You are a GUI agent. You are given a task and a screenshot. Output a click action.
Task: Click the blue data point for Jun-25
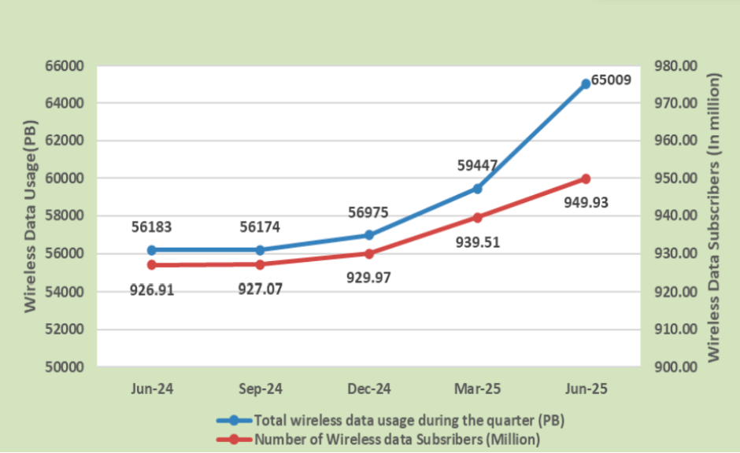[x=586, y=83]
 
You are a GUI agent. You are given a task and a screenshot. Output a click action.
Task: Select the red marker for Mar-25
[x=478, y=217]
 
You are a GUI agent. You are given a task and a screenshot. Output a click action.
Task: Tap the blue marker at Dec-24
[x=369, y=234]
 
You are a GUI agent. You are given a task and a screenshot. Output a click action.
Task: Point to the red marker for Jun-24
[x=152, y=264]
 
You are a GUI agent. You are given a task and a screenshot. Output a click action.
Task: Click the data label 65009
[x=612, y=79]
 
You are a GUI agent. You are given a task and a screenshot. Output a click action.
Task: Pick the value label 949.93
[x=586, y=202]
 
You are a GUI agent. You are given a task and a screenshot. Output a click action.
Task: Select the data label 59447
[x=478, y=166]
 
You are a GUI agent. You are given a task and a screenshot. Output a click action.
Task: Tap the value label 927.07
[x=260, y=289]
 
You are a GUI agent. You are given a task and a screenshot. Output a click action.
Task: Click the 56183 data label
[x=152, y=227]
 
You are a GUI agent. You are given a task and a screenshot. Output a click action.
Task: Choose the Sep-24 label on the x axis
[x=260, y=389]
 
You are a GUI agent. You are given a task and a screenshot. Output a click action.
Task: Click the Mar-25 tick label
[x=478, y=389]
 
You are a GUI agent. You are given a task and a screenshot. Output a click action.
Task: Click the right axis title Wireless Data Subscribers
[x=714, y=216]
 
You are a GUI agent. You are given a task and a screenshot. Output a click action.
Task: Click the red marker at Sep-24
[x=260, y=263]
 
